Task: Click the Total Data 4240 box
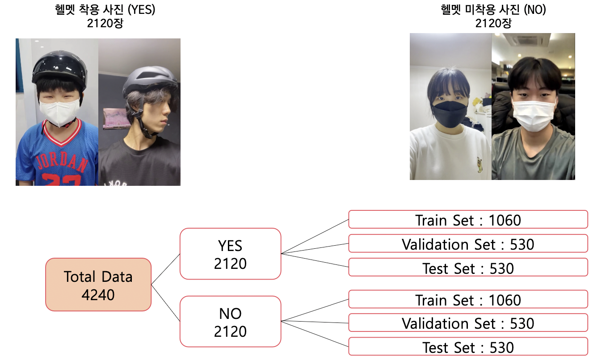[x=98, y=285]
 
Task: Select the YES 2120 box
[x=230, y=254]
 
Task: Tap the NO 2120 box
[x=230, y=322]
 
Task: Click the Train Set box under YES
[x=467, y=220]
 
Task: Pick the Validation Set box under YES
[x=467, y=244]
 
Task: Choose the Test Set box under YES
[x=467, y=268]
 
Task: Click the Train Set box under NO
[x=467, y=299]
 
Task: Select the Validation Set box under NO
[x=467, y=323]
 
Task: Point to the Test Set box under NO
[x=467, y=347]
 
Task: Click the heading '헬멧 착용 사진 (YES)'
[x=105, y=10]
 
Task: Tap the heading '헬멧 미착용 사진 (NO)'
[x=493, y=10]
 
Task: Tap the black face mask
[x=449, y=109]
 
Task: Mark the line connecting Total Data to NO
[x=165, y=302]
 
